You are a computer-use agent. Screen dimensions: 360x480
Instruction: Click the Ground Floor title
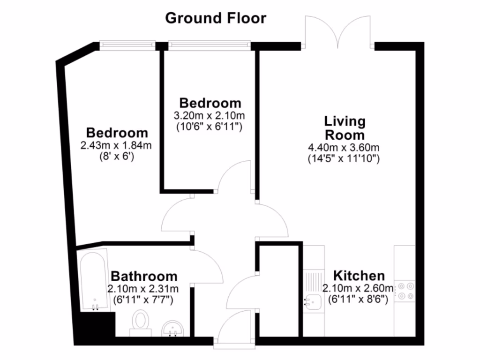[x=216, y=18]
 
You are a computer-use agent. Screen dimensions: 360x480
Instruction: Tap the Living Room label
[x=345, y=128]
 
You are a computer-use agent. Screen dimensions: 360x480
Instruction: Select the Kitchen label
[x=359, y=276]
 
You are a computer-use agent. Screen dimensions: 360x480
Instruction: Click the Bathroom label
[x=144, y=276]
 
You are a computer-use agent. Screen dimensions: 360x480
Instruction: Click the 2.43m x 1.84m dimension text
[x=116, y=146]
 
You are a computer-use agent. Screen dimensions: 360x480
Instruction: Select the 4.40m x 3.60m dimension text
[x=344, y=148]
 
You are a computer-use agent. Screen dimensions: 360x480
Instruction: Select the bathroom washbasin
[x=174, y=328]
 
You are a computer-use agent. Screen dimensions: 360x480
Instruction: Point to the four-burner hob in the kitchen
[x=405, y=291]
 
